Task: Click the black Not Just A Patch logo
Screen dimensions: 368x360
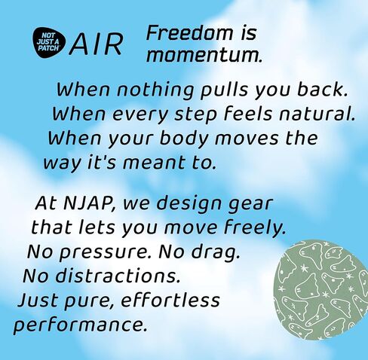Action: [49, 43]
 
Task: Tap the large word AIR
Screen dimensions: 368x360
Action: [97, 44]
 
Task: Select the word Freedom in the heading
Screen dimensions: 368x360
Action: [189, 33]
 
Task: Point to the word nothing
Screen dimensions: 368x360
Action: [155, 90]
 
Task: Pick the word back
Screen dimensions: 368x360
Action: [323, 89]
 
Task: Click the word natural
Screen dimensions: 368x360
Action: [317, 113]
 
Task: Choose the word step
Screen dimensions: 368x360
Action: [195, 114]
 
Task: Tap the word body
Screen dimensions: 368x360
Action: [184, 139]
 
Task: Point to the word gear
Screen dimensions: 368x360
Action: [250, 204]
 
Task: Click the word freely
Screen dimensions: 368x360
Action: [255, 228]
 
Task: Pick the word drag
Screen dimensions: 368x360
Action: [216, 252]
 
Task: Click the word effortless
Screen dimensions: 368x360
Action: [170, 300]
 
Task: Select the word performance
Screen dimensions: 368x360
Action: [80, 325]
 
